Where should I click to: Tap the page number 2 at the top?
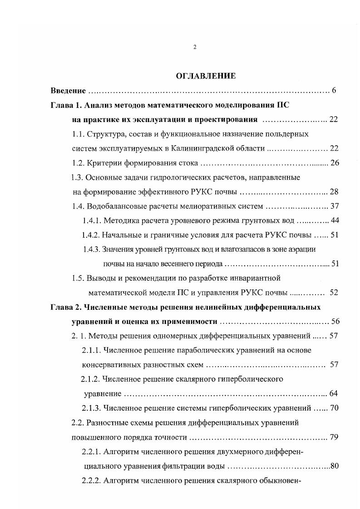point(195,47)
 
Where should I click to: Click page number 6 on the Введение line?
point(334,91)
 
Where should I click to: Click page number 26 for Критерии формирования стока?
point(335,163)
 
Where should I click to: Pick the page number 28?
point(335,192)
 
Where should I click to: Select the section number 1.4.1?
point(92,221)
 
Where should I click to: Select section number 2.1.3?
point(91,408)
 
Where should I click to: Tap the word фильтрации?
point(200,466)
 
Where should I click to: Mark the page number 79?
point(335,437)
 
